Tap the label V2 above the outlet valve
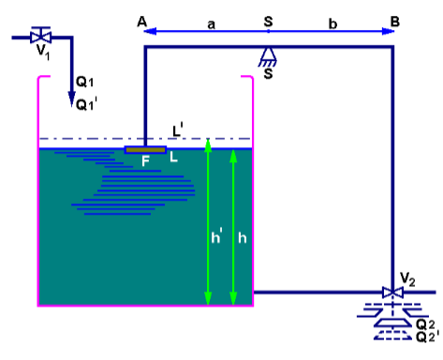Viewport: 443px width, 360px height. tap(406, 278)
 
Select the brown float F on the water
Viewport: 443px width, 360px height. tap(145, 149)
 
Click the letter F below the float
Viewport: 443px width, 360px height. tap(146, 160)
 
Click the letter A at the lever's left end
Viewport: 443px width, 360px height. tap(140, 20)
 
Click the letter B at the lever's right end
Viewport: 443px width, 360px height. tap(395, 20)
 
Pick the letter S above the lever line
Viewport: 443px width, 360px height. tap(270, 20)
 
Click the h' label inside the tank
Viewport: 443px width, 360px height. tap(217, 238)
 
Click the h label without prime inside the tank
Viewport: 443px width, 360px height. tap(243, 238)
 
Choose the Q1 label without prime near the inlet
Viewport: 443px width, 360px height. tap(84, 83)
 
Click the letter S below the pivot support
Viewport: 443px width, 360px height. tap(269, 74)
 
